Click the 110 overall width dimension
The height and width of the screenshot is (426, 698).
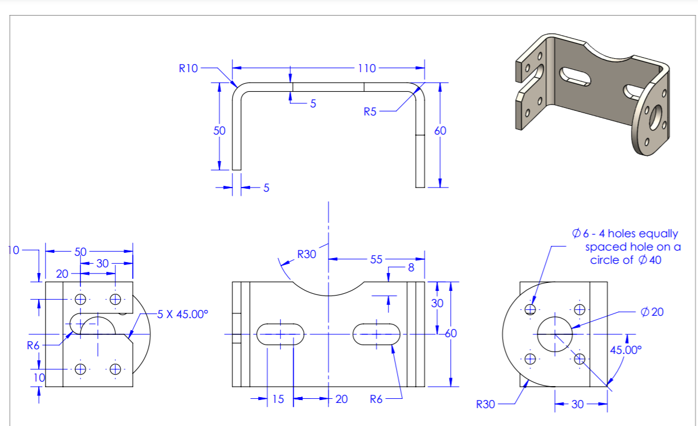[367, 68]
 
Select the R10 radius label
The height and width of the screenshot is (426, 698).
[188, 68]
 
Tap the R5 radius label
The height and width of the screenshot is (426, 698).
[370, 112]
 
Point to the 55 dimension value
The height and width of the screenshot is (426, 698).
[376, 259]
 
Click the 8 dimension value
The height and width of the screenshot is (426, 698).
[411, 268]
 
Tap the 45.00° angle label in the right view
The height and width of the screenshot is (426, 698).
[625, 350]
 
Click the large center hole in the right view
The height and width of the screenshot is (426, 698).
[555, 333]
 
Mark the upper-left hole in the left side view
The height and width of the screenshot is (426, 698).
[80, 299]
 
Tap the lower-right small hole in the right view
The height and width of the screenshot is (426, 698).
[580, 358]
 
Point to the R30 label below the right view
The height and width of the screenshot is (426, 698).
[486, 405]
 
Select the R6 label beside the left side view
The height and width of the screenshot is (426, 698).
[34, 346]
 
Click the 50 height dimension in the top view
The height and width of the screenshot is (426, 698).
[219, 131]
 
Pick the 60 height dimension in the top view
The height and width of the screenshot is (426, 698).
[440, 131]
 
